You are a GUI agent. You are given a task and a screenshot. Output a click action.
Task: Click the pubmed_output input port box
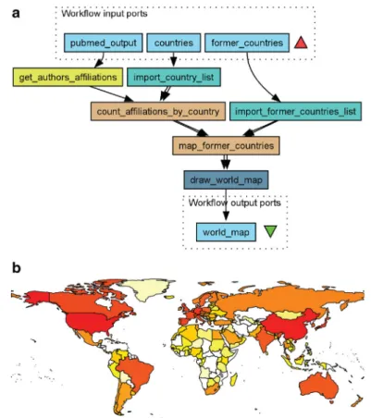click(104, 43)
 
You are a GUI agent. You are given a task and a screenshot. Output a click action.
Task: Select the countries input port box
click(174, 43)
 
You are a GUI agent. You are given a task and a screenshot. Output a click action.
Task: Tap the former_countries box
click(247, 43)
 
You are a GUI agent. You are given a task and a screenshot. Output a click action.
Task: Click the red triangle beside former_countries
click(301, 43)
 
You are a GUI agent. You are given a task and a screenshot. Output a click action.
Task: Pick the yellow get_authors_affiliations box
click(68, 77)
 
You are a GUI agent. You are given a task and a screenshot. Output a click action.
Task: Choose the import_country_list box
click(174, 77)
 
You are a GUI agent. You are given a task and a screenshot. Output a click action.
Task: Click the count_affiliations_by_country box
click(158, 111)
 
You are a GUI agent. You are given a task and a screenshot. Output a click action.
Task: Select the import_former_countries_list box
click(295, 111)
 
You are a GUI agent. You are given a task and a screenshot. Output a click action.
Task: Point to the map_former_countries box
click(226, 145)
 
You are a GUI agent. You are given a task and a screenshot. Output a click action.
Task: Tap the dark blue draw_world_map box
click(226, 179)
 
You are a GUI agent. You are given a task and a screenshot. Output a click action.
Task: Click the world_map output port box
click(226, 232)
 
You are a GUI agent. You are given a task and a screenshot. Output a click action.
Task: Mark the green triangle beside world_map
click(270, 231)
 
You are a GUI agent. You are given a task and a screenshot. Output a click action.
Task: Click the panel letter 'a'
click(16, 14)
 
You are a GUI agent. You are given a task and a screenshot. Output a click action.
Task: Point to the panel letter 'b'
click(17, 267)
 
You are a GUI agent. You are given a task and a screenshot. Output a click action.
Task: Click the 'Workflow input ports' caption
click(105, 14)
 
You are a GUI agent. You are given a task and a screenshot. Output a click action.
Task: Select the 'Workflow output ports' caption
click(235, 203)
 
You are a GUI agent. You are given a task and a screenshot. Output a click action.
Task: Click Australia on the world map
click(317, 386)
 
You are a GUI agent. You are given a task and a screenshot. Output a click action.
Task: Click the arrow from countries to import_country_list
click(174, 59)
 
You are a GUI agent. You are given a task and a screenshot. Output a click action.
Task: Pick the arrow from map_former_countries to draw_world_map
click(226, 162)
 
